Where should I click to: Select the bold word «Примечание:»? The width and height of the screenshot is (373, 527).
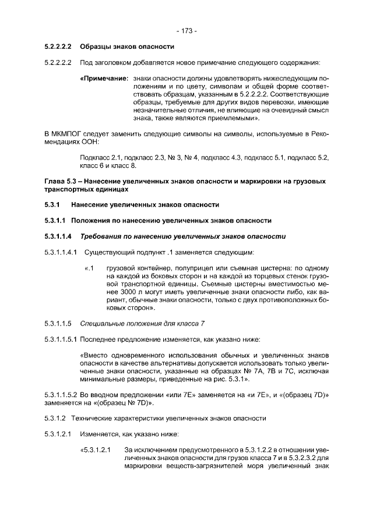pos(104,77)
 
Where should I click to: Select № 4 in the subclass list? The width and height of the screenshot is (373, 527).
pos(192,158)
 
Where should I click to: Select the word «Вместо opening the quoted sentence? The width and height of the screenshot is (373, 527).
pos(94,355)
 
